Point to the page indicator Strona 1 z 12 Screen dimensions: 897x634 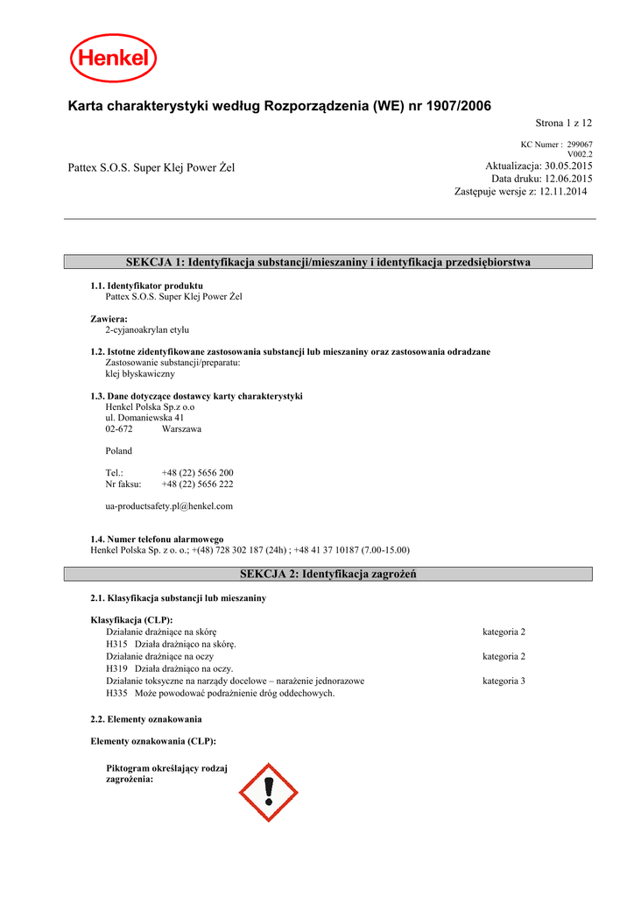564,124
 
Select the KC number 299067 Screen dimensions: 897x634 580,145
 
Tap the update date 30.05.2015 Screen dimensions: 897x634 568,166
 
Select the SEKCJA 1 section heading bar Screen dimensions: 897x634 328,262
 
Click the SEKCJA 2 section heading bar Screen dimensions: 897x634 328,574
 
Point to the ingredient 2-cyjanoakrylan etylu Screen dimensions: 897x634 147,330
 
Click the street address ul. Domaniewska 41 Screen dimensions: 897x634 144,418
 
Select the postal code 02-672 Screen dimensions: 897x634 119,429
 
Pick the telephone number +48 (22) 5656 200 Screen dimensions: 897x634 197,472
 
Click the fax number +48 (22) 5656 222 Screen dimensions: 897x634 197,484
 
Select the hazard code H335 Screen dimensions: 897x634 116,693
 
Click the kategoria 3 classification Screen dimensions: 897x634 504,681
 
